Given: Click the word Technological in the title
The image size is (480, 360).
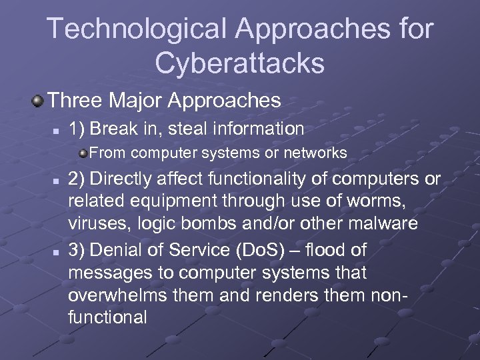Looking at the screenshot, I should point(137,29).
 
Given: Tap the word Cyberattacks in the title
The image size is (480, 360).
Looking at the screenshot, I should point(240,63).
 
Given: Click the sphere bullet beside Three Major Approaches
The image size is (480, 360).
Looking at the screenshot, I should point(37,101).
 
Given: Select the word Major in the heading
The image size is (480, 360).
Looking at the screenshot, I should point(134,101).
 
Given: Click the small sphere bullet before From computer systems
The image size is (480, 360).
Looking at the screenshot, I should point(83,154).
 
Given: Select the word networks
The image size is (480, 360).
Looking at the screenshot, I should point(317,154).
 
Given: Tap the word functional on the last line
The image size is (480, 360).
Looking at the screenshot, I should point(107,317).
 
